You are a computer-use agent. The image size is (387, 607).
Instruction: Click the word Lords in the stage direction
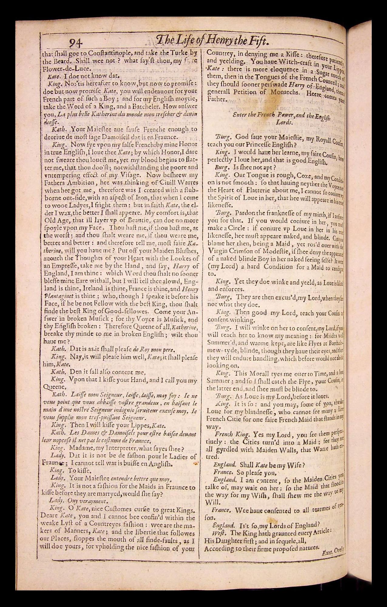285,122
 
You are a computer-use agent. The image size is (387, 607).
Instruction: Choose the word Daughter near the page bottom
232,541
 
